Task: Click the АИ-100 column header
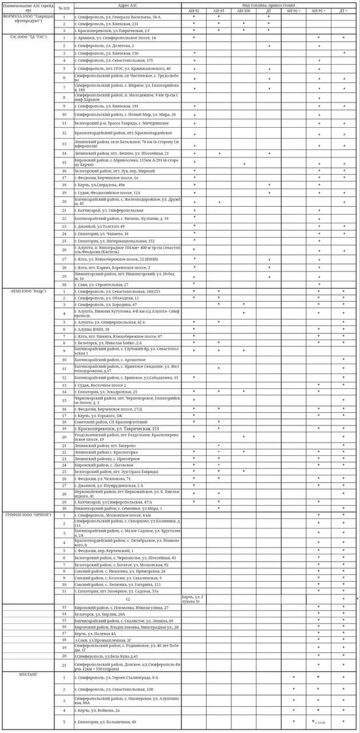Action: pos(243,11)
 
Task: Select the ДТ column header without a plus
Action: pos(269,11)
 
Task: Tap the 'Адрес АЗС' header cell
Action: pos(127,5)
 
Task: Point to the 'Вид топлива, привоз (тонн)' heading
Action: pos(269,5)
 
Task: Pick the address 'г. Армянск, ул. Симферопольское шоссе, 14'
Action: pos(114,38)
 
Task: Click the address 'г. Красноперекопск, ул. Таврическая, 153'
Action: pos(117,428)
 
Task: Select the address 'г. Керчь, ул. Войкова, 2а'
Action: pos(97,710)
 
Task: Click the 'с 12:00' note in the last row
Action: pos(320,723)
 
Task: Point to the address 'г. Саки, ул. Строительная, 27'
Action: pos(101,285)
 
